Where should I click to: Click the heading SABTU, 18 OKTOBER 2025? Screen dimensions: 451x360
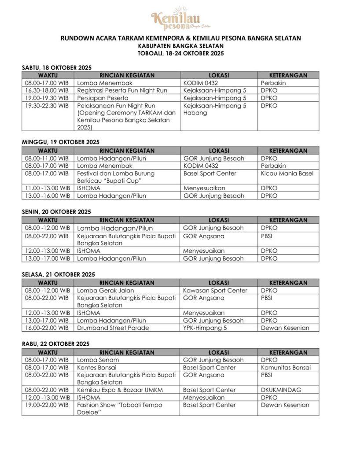pyautogui.click(x=56, y=67)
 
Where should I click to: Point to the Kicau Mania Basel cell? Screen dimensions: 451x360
pyautogui.click(x=287, y=173)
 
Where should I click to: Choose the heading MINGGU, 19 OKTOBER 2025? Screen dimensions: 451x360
pyautogui.click(x=61, y=142)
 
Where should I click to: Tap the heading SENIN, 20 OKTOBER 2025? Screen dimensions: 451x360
pyautogui.click(x=56, y=211)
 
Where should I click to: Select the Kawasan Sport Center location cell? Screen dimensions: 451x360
pyautogui.click(x=215, y=290)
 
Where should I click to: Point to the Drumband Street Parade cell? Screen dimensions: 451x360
pyautogui.click(x=113, y=328)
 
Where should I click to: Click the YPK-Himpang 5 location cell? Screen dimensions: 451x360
pyautogui.click(x=203, y=328)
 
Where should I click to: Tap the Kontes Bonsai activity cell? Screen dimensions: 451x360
pyautogui.click(x=98, y=367)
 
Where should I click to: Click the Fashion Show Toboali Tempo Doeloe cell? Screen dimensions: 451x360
pyautogui.click(x=120, y=408)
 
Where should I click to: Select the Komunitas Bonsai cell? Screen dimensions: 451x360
pyautogui.click(x=286, y=367)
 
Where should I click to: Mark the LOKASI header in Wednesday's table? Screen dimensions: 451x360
pyautogui.click(x=219, y=352)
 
